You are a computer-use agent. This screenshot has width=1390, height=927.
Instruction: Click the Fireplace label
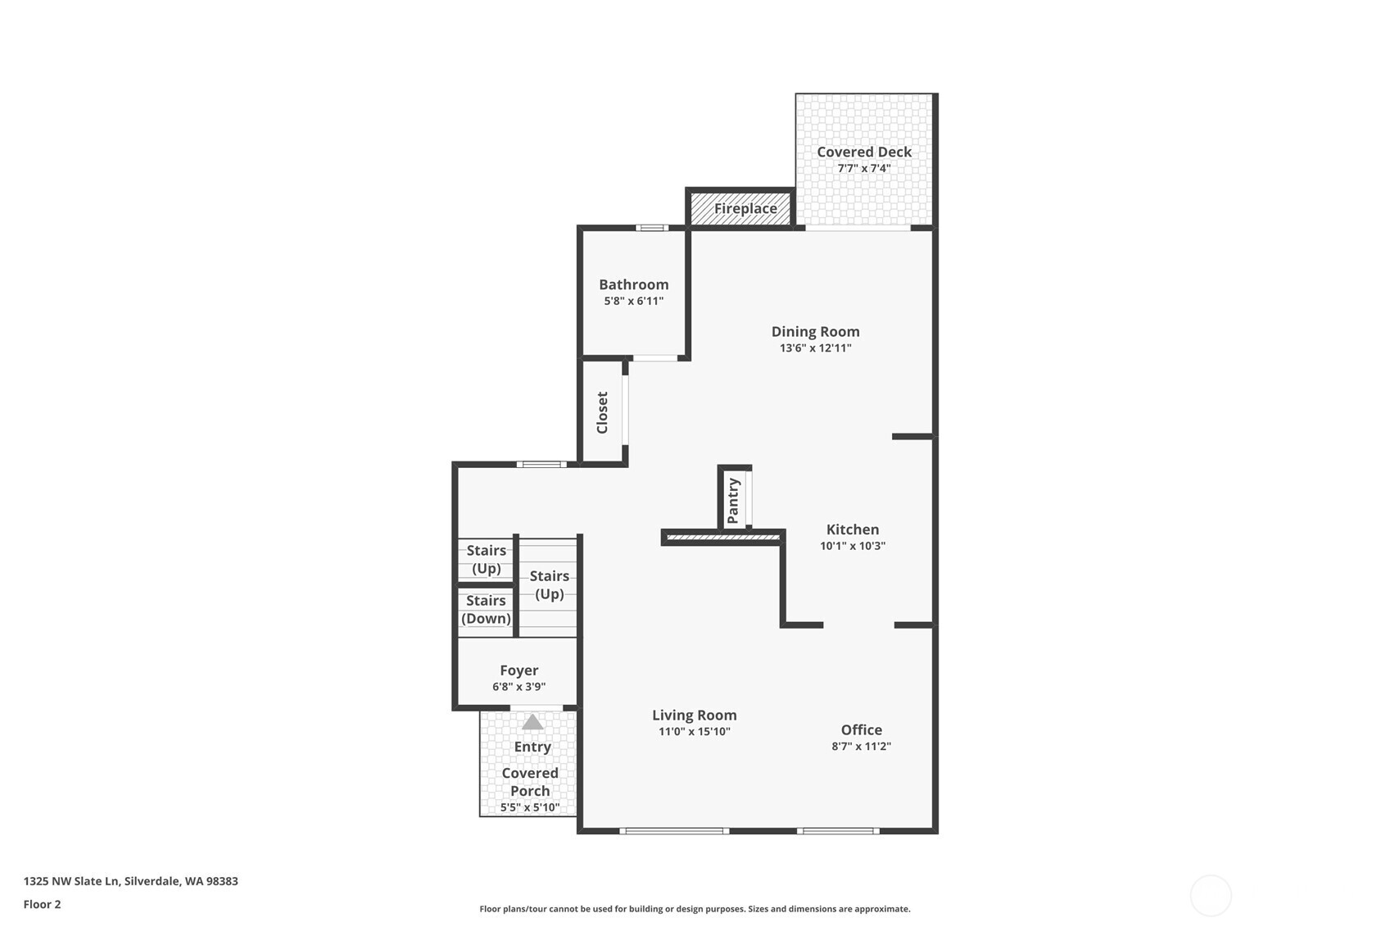[745, 208]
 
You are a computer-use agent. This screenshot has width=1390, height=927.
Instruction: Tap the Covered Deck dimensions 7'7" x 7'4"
[863, 169]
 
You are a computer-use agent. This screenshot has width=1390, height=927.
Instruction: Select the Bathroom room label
[633, 284]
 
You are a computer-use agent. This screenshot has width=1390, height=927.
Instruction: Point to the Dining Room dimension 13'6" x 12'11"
[815, 348]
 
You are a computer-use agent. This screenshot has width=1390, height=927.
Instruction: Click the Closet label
[602, 412]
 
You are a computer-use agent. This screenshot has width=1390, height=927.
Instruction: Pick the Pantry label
[733, 501]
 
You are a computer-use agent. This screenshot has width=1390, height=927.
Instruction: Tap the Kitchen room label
[852, 529]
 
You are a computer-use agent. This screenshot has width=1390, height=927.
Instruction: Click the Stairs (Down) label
[486, 610]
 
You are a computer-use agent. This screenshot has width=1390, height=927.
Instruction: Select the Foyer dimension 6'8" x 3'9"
[518, 687]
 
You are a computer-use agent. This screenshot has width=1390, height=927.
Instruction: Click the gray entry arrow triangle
[532, 723]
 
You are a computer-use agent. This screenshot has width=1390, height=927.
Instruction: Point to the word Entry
[532, 747]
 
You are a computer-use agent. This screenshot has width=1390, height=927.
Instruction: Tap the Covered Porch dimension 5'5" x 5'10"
[530, 807]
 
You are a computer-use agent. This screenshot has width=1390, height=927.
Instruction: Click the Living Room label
[694, 715]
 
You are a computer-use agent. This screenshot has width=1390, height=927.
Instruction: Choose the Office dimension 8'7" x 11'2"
[861, 747]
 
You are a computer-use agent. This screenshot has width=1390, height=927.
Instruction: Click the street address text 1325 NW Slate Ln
[72, 881]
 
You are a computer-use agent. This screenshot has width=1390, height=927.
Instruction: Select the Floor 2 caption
[42, 904]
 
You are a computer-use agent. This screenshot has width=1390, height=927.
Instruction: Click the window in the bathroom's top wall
[652, 228]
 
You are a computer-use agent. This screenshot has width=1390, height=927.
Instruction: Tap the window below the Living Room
[674, 831]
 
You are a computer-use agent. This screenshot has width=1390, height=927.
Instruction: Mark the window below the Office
[838, 831]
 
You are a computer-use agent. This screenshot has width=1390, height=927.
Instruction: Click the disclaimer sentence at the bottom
[695, 909]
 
